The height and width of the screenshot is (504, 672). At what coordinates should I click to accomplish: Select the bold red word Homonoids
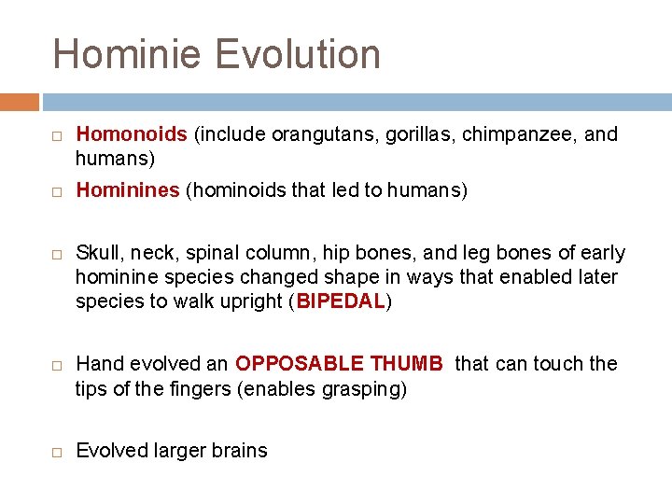132,134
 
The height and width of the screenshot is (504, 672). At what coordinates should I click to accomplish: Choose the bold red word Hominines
128,191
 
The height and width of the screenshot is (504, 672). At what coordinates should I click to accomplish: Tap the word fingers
199,388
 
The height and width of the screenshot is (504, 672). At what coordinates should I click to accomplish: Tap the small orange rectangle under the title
20,102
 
